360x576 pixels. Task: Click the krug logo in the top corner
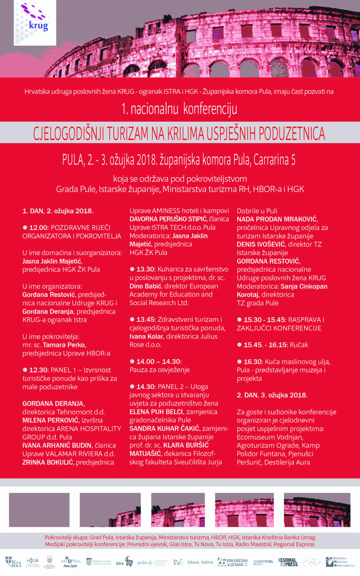38,20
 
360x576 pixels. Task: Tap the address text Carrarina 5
274,160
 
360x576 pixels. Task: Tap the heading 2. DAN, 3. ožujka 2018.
272,395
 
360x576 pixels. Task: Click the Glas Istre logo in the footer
200,562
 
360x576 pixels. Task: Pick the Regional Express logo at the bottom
288,562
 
